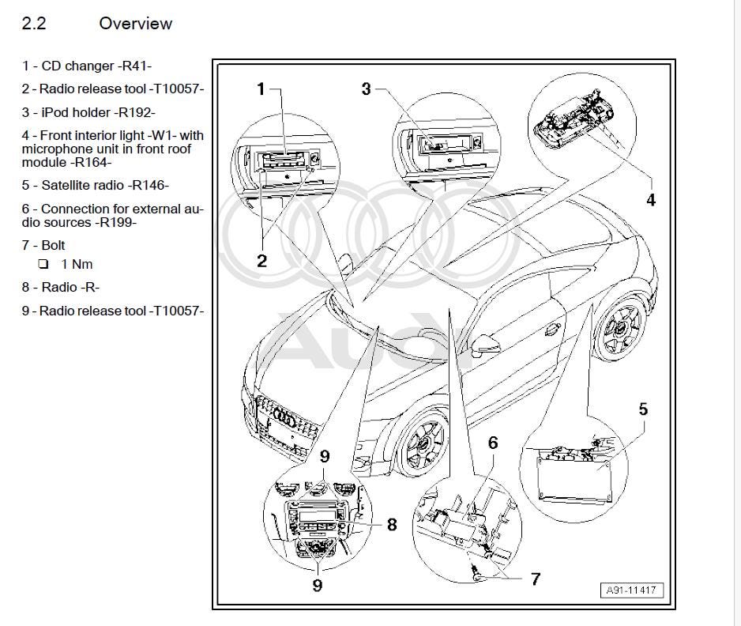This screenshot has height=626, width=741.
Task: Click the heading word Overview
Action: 135,24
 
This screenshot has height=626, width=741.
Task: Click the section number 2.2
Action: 34,24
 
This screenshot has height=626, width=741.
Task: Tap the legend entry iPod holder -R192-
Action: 88,112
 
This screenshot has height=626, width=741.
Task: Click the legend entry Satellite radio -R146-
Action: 96,186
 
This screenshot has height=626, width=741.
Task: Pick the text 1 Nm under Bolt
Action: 77,264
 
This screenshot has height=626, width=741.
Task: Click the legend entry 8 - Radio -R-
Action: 61,288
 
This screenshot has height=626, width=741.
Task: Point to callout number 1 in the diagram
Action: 261,89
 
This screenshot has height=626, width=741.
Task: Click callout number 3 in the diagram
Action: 366,89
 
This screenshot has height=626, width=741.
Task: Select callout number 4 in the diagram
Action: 650,200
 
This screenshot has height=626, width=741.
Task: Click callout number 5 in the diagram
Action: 643,409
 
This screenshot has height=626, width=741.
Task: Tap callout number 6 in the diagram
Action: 493,443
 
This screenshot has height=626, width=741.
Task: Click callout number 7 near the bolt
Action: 535,579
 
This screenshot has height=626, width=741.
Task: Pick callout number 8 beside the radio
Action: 391,524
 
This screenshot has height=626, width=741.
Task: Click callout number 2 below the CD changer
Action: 261,261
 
